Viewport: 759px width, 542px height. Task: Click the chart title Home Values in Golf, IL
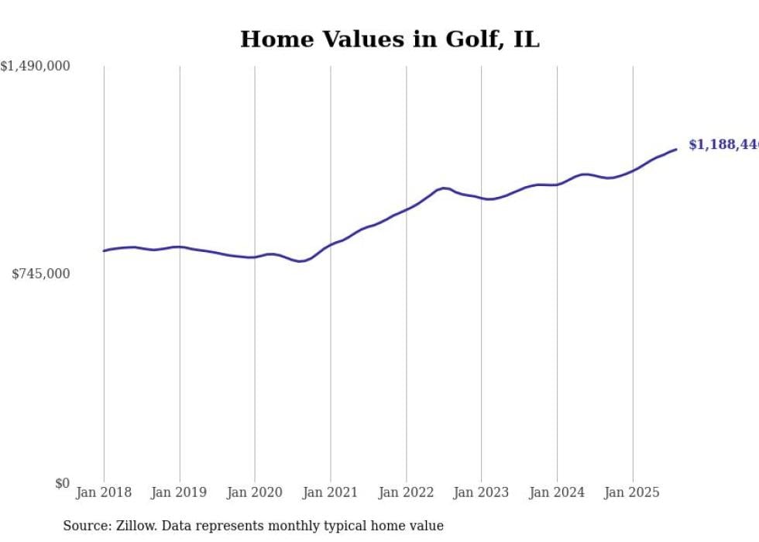click(x=390, y=40)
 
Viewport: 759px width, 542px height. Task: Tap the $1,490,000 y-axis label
click(x=36, y=67)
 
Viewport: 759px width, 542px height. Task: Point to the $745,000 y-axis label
click(x=40, y=274)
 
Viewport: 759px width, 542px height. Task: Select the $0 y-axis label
click(x=62, y=483)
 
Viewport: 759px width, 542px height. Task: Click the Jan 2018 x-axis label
click(x=104, y=492)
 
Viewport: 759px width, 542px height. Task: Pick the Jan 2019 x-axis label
click(x=180, y=492)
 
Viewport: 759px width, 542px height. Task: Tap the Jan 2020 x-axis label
click(x=255, y=492)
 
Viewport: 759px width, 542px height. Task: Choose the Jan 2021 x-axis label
click(x=331, y=492)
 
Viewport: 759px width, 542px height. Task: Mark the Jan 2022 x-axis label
click(x=407, y=492)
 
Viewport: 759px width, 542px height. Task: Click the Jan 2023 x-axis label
click(x=482, y=492)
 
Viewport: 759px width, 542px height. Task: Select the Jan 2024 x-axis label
click(x=558, y=492)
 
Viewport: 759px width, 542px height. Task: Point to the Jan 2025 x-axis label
click(x=633, y=492)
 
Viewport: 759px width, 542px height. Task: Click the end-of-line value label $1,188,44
click(x=723, y=145)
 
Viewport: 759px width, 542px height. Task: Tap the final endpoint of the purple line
click(x=676, y=149)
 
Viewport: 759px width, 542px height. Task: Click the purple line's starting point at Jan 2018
click(x=104, y=250)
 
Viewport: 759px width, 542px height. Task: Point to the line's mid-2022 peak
click(x=444, y=188)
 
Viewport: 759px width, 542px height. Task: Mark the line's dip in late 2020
click(x=301, y=261)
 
